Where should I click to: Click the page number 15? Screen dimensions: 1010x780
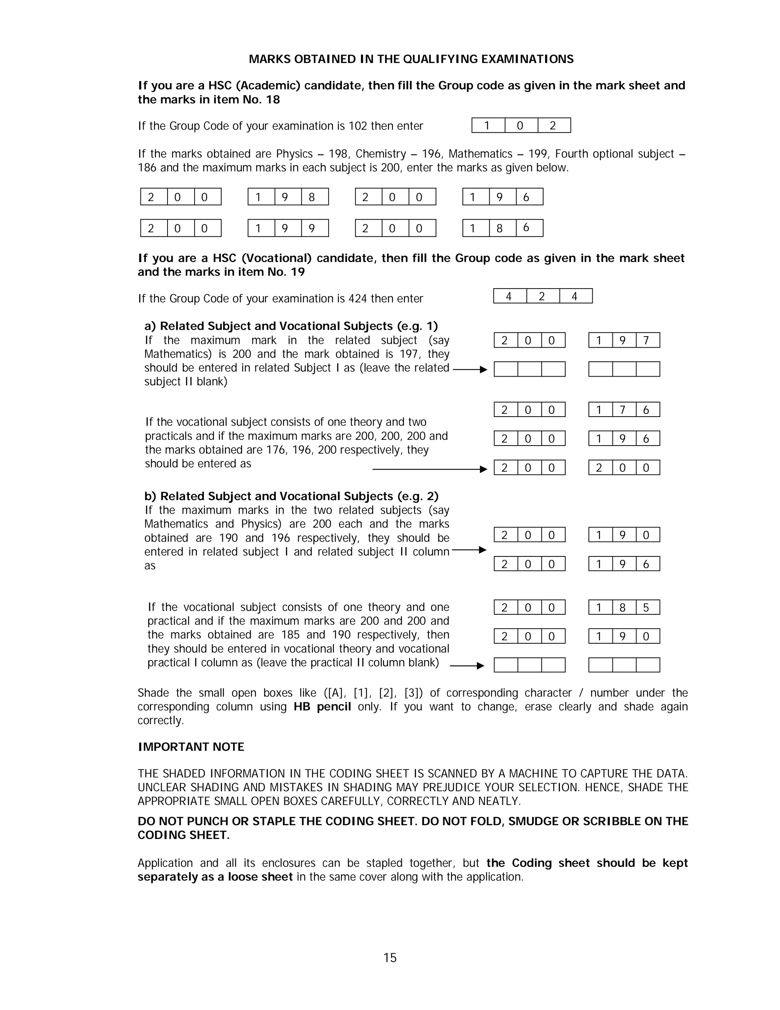[390, 957]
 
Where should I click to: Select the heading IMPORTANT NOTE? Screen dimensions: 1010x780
[191, 747]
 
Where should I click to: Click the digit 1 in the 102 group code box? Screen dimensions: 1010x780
[487, 125]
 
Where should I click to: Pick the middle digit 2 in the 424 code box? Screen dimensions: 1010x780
[542, 296]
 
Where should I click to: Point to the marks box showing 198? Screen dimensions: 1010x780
[288, 197]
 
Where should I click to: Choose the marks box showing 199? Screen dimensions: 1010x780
[288, 228]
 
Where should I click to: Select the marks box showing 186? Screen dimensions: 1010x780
[502, 228]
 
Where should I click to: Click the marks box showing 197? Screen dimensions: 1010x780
[623, 340]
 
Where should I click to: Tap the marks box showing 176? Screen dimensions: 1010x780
[623, 410]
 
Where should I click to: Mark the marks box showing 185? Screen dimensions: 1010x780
[623, 607]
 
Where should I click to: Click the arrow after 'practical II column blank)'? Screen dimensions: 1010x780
[467, 666]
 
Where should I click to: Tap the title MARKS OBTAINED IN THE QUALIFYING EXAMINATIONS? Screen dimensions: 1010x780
[411, 59]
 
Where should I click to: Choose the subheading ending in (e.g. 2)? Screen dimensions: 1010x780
[291, 496]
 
